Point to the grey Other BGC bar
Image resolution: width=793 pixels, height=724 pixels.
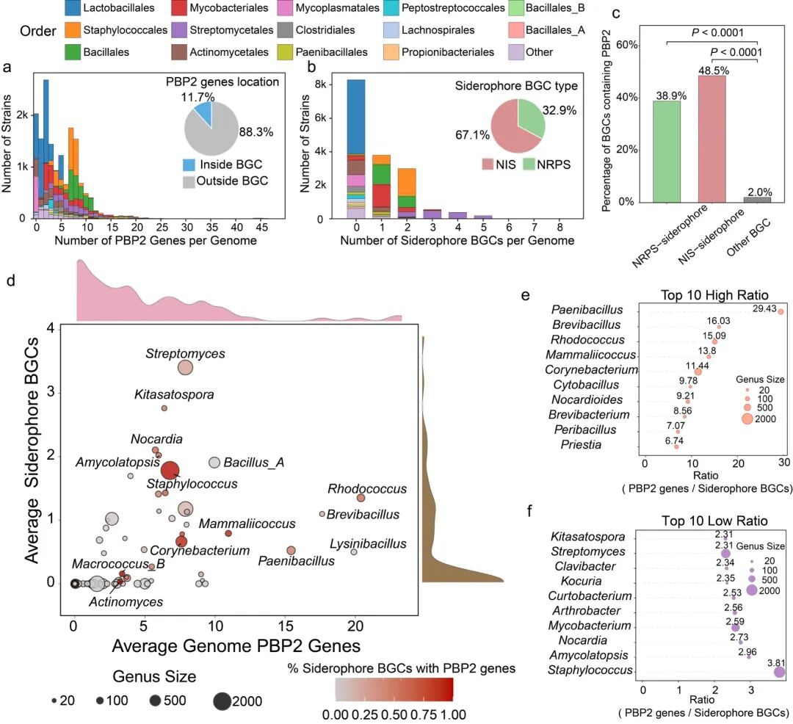[757, 199]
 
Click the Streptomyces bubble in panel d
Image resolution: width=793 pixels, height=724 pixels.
[185, 368]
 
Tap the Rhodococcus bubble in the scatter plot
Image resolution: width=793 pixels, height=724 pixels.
[361, 498]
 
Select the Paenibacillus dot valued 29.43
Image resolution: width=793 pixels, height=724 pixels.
[781, 312]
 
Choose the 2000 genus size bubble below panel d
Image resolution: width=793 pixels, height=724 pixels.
[222, 701]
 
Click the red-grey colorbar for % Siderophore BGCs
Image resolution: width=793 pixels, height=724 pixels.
[394, 689]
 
